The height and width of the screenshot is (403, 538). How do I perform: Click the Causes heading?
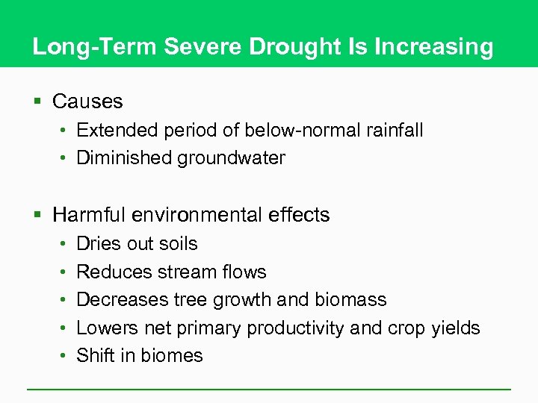(87, 101)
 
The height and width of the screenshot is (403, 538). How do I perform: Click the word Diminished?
(124, 158)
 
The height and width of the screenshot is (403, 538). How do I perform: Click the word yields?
(454, 328)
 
